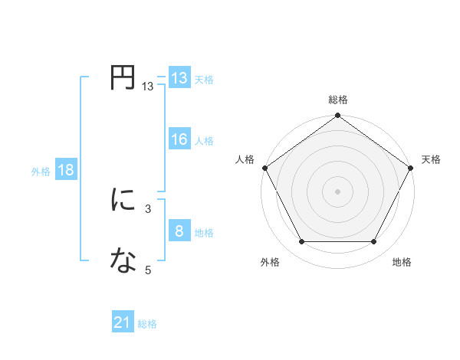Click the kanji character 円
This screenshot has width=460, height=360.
coord(123,78)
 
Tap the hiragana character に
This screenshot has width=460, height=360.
coord(123,201)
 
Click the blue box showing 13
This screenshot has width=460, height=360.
coord(179,78)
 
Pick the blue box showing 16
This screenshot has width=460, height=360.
coord(179,139)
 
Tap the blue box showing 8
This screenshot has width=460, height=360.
coord(179,231)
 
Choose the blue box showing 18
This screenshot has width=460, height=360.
coord(66,170)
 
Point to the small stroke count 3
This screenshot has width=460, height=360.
coord(148,208)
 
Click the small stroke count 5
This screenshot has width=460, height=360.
coord(148,270)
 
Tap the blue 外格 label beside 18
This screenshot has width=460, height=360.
coord(41,172)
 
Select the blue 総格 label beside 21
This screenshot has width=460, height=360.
coord(147,325)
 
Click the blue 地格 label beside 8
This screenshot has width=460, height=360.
coord(204,233)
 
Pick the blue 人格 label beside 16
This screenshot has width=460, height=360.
coord(204,141)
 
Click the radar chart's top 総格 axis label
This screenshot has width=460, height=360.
coord(338,100)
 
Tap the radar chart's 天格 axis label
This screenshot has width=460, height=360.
coord(431,159)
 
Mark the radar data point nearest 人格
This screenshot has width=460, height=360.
coord(264,168)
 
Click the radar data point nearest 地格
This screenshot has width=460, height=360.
coord(374,242)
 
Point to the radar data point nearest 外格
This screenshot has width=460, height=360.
coord(301,242)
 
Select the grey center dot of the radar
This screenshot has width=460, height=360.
coord(338,191)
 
